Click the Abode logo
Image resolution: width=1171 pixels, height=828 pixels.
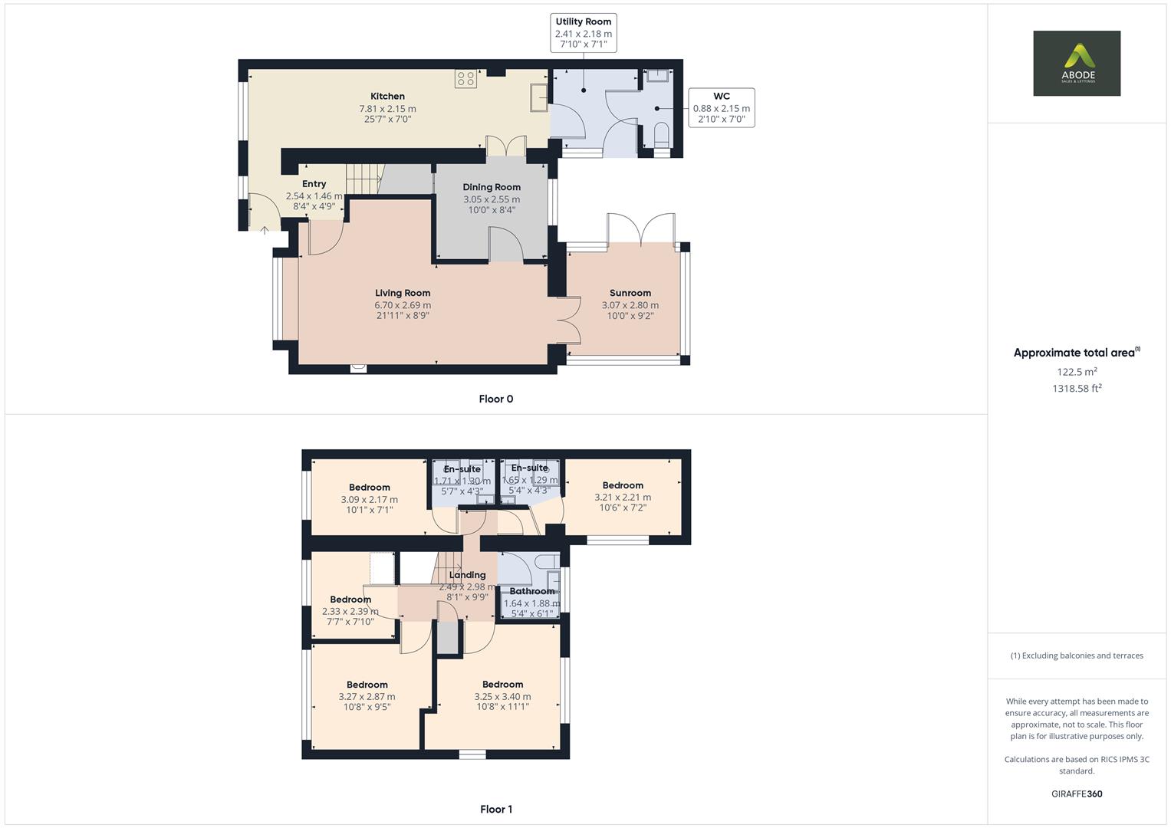[x=1076, y=63]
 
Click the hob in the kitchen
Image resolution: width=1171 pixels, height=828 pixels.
[x=465, y=78]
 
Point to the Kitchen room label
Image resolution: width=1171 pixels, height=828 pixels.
[x=387, y=97]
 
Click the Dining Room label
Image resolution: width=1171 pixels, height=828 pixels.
[x=492, y=187]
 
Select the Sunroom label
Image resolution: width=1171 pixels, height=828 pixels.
[x=630, y=293]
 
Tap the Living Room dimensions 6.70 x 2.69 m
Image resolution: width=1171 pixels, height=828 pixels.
[x=403, y=305]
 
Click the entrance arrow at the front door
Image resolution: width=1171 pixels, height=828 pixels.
[x=265, y=229]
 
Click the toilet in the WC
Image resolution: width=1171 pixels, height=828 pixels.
[x=661, y=136]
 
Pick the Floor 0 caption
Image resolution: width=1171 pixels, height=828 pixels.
[x=495, y=399]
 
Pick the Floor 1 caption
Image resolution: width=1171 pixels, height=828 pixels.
[x=495, y=809]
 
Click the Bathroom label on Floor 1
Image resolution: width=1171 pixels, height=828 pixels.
[x=531, y=591]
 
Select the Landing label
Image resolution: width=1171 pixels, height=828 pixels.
[x=467, y=575]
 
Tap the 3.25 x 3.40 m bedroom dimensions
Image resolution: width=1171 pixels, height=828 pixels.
[x=502, y=697]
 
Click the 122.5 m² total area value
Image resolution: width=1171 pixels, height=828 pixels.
[x=1076, y=372]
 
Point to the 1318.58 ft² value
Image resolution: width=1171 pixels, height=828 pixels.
[x=1076, y=389]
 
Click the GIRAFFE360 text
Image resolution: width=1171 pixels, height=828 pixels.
[x=1076, y=793]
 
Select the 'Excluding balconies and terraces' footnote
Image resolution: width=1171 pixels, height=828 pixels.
[x=1076, y=655]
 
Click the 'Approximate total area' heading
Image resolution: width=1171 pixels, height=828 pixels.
[x=1074, y=353]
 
